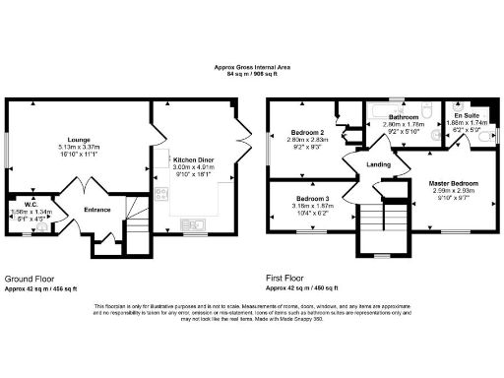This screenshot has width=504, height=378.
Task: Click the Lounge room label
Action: pyautogui.click(x=78, y=140)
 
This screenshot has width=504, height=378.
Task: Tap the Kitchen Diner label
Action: pyautogui.click(x=195, y=158)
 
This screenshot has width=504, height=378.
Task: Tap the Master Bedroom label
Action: pyautogui.click(x=453, y=184)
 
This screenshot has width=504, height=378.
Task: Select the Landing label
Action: pyautogui.click(x=378, y=164)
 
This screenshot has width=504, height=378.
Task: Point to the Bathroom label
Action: pyautogui.click(x=404, y=115)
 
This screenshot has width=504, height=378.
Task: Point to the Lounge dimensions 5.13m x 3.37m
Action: pyautogui.click(x=78, y=148)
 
